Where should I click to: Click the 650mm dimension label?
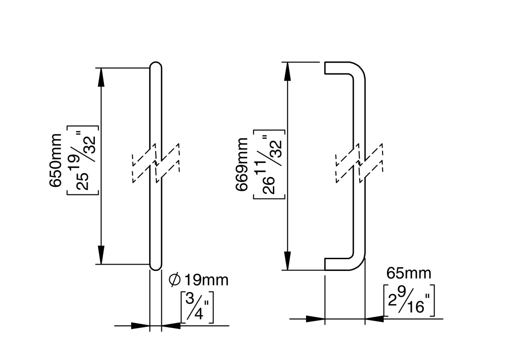tap(57, 160)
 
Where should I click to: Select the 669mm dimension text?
tap(243, 165)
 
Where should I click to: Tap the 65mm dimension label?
tap(409, 273)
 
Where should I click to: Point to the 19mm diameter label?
tap(206, 280)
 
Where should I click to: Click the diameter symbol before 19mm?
tap(174, 280)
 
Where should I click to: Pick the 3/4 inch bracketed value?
tap(197, 307)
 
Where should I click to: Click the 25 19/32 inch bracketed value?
tap(82, 160)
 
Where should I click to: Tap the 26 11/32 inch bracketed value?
tap(269, 165)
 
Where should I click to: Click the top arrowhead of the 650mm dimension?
tap(101, 76)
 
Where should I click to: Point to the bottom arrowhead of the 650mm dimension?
tap(101, 255)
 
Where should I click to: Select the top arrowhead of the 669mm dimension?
tap(288, 71)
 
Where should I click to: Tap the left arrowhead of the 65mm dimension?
tap(315, 319)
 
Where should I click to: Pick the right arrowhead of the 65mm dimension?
tap(375, 319)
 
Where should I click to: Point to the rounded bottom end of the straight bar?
tap(155, 266)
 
